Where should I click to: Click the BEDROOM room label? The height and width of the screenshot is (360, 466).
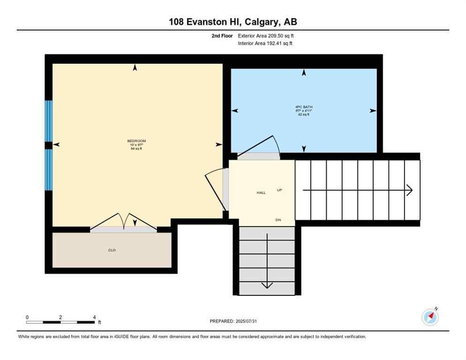coord(136,141)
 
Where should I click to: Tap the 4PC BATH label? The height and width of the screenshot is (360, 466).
coord(307,107)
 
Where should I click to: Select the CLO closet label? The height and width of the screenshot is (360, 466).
coord(112,250)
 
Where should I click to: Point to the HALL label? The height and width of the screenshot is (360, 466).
coord(261,193)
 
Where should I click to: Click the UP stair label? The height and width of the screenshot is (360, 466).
coord(279,190)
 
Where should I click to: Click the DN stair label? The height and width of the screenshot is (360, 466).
coord(278,220)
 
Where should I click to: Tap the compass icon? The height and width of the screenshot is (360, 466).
coord(430,317)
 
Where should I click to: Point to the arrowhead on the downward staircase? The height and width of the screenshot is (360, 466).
coord(267,285)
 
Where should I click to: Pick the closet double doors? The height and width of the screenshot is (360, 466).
coord(123,223)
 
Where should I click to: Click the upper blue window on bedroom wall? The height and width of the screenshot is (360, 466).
coord(49,121)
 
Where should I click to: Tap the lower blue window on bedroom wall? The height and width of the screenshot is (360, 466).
coord(49,170)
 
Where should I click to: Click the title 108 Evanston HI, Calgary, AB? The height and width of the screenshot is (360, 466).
coord(233,22)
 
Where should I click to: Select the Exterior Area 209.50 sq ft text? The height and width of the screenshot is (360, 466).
coord(266,36)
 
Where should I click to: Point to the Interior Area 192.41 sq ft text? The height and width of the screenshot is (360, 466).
coord(266,44)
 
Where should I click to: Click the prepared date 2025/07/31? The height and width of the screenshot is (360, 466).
coord(233,321)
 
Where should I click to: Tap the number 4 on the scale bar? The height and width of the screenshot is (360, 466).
coord(94,317)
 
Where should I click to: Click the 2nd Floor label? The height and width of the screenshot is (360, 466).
coord(223,36)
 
